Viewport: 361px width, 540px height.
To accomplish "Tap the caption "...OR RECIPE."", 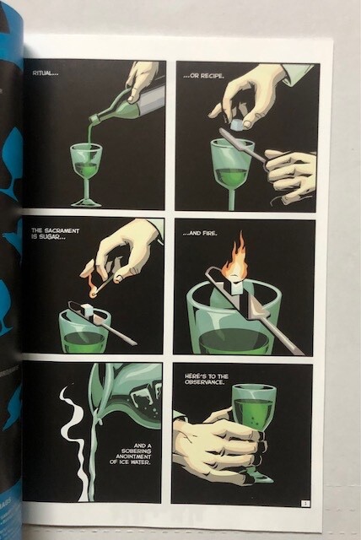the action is tap(204, 76).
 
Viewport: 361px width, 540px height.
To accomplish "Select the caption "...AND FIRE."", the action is tap(200, 234).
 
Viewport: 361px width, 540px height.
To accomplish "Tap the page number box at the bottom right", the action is tap(305, 504).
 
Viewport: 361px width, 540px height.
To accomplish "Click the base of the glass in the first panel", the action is tap(86, 202).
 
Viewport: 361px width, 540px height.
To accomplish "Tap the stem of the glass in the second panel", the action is tap(232, 199).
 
